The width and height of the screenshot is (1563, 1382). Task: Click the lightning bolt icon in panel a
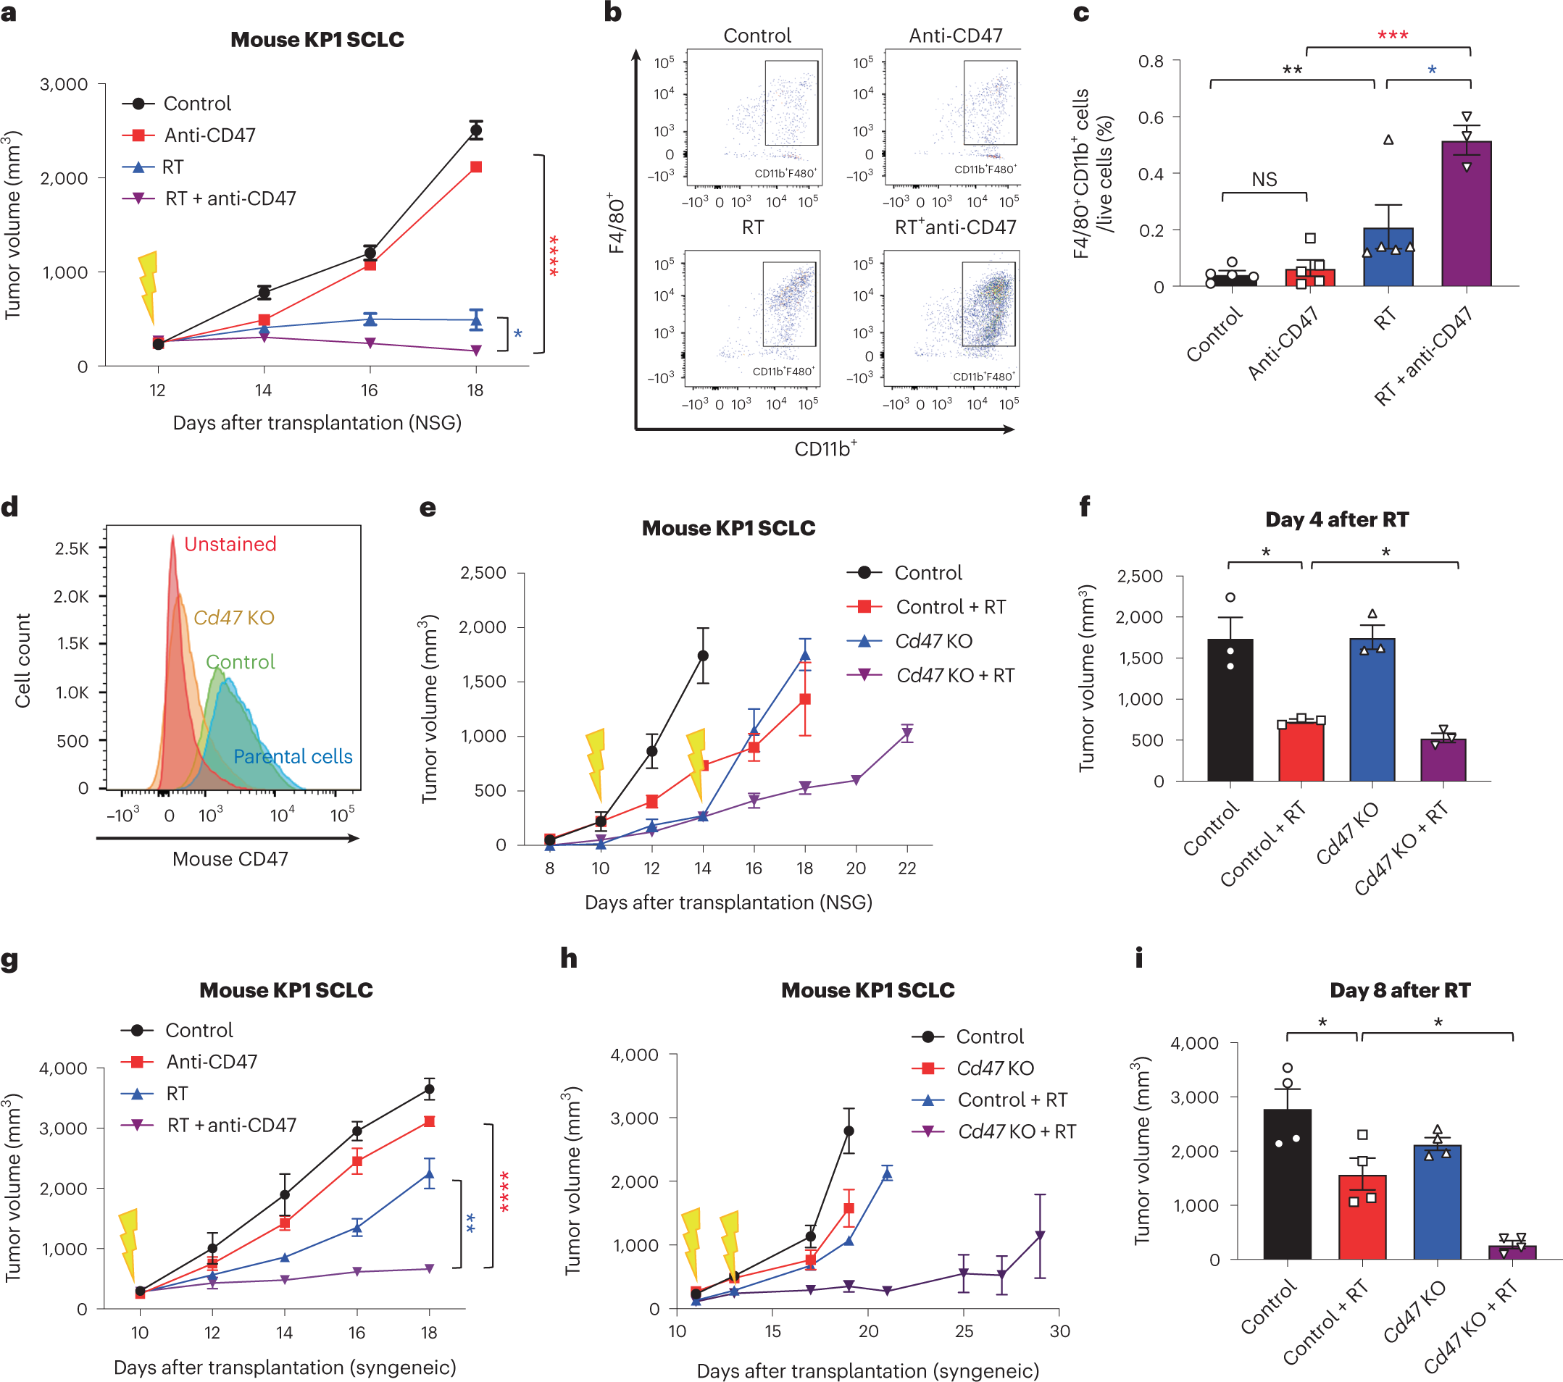point(149,288)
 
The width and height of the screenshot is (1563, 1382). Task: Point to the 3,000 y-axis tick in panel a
point(64,84)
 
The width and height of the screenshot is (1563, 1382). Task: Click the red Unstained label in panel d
point(230,544)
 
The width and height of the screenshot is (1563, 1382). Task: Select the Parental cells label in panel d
point(293,756)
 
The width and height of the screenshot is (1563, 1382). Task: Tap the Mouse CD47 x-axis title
point(230,858)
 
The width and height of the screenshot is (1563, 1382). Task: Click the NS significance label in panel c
point(1264,180)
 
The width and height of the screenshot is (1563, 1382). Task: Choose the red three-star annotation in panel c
point(1393,35)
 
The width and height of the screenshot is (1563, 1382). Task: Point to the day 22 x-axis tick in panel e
point(907,868)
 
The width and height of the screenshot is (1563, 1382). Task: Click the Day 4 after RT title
point(1337,520)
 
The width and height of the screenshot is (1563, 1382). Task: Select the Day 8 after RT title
point(1399,990)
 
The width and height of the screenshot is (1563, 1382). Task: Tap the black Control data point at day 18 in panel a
point(475,130)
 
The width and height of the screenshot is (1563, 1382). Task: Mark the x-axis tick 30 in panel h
point(1059,1331)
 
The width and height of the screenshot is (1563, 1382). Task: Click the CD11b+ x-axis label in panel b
point(825,448)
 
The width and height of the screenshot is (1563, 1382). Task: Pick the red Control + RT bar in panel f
point(1301,750)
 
